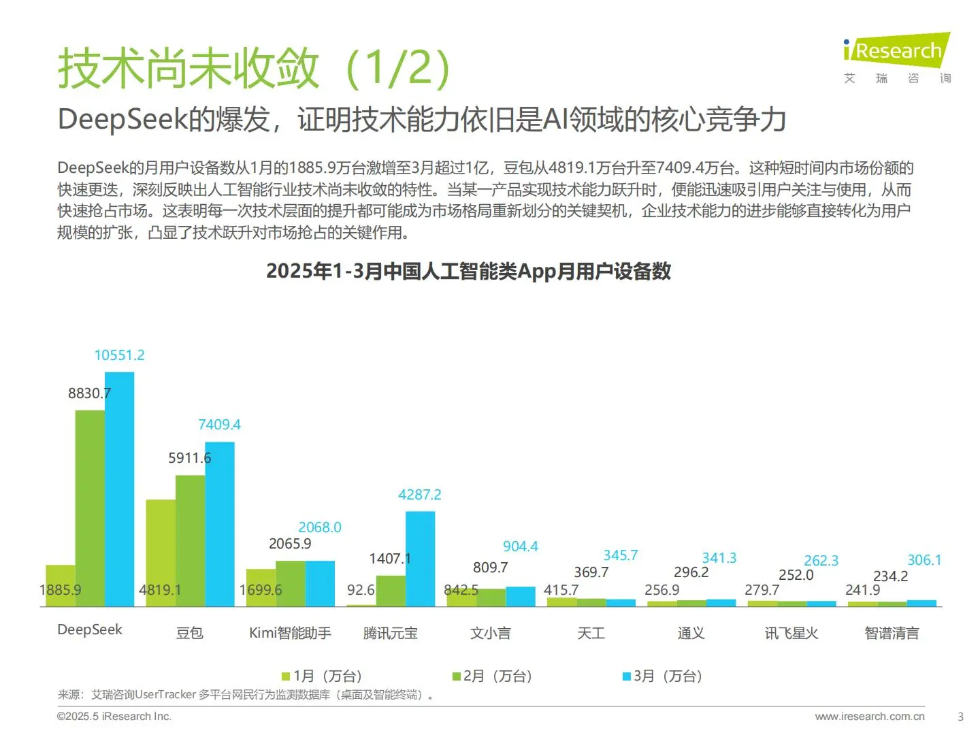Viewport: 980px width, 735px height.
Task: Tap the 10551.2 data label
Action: point(119,355)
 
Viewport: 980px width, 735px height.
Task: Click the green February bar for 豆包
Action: point(190,540)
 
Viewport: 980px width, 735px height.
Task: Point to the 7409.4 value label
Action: point(219,425)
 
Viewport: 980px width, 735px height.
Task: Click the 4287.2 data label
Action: point(419,495)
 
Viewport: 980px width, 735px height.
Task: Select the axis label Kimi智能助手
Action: point(290,633)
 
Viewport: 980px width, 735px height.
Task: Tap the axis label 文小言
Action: point(490,633)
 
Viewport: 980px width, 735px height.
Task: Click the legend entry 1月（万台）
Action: point(322,676)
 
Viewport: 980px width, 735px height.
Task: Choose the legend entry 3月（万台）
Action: point(662,676)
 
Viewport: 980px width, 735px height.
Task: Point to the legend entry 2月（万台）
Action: point(492,676)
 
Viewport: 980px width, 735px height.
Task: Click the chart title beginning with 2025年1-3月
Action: point(468,271)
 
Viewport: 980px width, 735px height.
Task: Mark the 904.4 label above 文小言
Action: point(520,546)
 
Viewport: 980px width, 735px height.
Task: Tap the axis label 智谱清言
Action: point(892,633)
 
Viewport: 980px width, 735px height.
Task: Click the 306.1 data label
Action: point(924,560)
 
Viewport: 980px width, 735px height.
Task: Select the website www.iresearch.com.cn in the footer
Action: point(869,716)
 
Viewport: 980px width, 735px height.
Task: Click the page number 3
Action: point(960,717)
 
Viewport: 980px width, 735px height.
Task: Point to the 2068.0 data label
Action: point(319,527)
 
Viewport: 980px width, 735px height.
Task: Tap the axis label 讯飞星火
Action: point(791,633)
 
